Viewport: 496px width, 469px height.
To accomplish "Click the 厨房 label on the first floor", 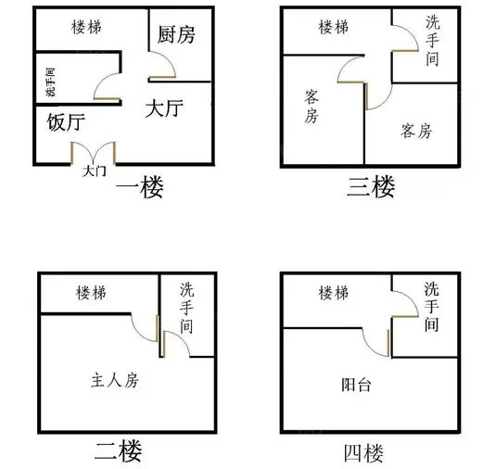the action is tap(176, 34).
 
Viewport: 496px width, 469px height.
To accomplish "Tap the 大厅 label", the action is tap(164, 108).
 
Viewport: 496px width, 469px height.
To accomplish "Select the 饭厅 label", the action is tap(66, 122).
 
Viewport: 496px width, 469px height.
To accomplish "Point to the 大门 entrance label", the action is tap(95, 171).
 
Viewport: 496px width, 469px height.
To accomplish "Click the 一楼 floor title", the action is tap(140, 187).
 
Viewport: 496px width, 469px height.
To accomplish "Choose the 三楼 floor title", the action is tap(371, 187).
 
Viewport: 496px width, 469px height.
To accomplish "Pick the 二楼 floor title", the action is tap(119, 451).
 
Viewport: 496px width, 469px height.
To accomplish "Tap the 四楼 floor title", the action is tap(363, 453).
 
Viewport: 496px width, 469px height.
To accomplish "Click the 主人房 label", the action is tap(115, 380).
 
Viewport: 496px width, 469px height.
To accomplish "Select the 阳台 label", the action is tap(356, 385).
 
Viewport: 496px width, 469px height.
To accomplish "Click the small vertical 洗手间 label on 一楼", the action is tap(50, 82).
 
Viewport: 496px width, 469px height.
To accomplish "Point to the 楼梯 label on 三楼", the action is tap(334, 27).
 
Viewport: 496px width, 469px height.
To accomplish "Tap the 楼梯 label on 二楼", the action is tap(91, 293).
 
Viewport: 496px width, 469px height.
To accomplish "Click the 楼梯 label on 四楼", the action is tap(334, 293).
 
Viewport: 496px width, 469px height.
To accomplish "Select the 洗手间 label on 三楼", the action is tap(432, 41).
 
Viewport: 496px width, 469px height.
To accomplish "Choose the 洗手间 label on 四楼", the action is tap(431, 307).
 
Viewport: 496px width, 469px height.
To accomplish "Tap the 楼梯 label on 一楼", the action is tap(86, 27).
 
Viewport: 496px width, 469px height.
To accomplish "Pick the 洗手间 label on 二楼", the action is tap(186, 308).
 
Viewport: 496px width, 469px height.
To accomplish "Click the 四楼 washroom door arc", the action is tap(412, 298).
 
